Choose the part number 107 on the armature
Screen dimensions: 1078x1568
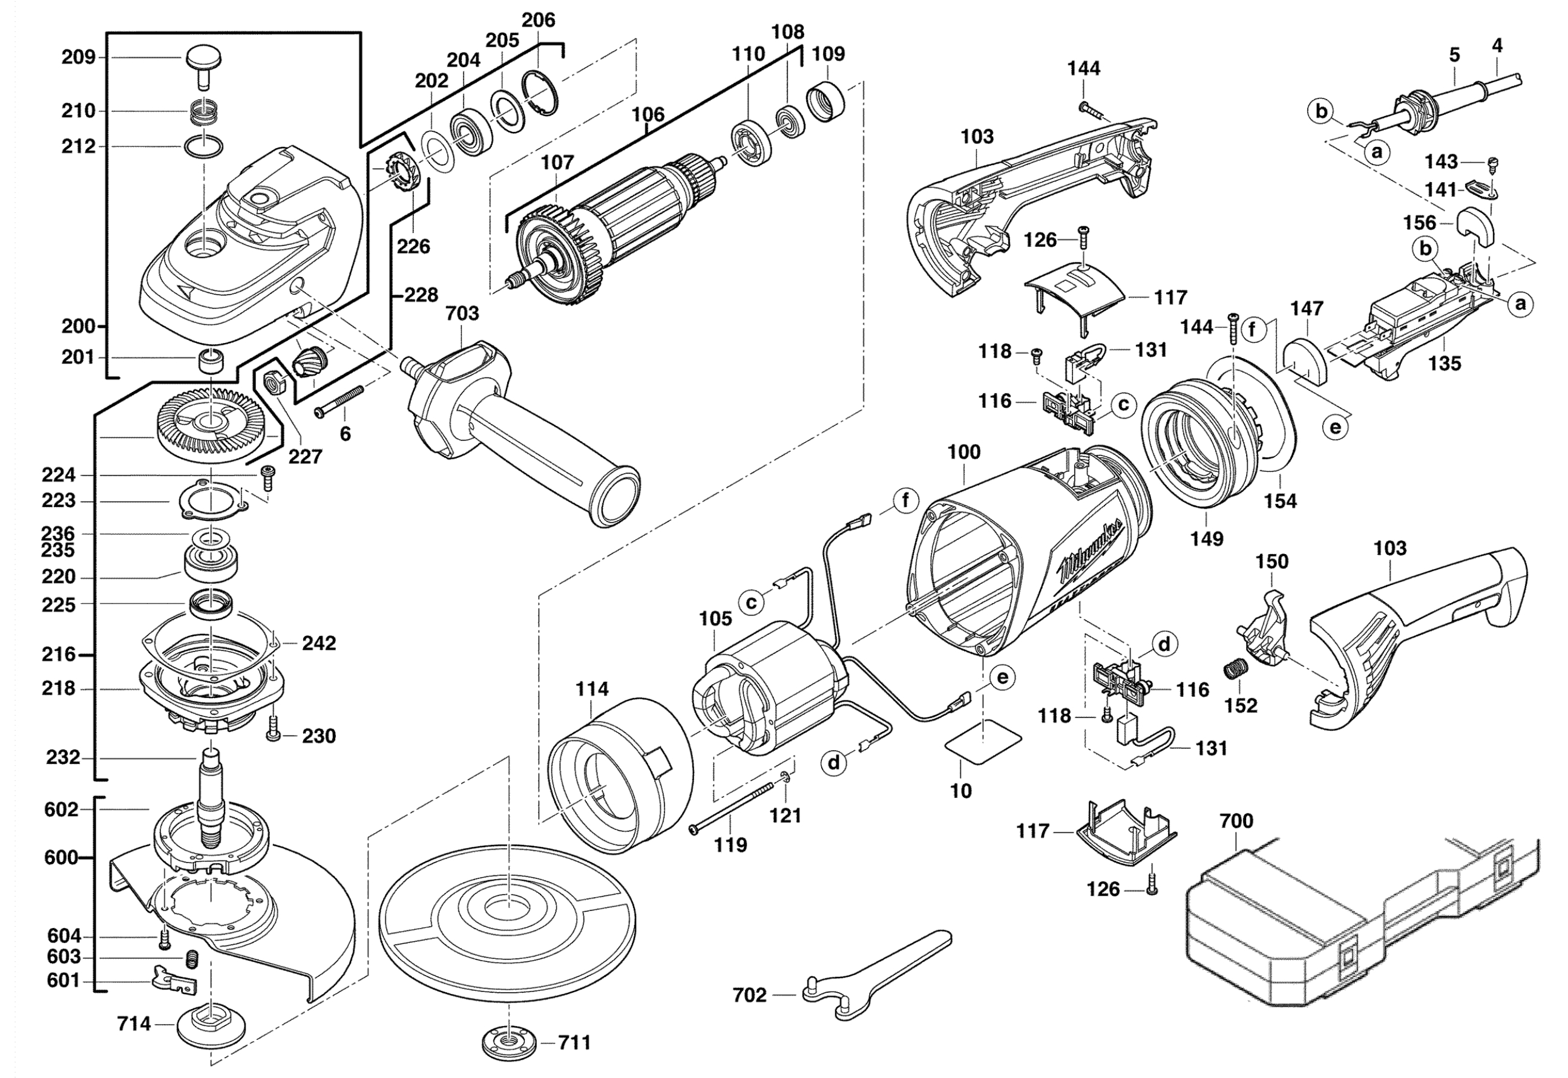point(557,163)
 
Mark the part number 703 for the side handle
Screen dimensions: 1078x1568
point(462,313)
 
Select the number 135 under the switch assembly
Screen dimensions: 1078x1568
point(1444,364)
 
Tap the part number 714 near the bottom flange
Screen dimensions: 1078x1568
point(134,1025)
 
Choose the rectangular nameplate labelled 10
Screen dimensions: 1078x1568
point(983,743)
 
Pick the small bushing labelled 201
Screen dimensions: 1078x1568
point(211,359)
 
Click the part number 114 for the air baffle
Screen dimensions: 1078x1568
point(592,689)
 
